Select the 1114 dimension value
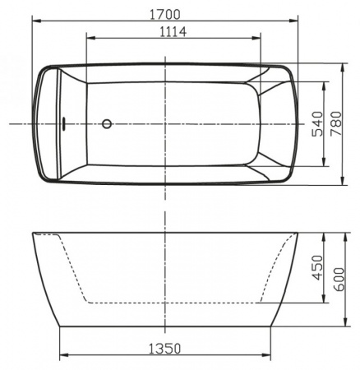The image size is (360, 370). tap(168, 32)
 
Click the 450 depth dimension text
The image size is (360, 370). tap(316, 268)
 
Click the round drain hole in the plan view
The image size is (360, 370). tap(106, 124)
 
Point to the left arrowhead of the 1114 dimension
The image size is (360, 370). tap(89, 38)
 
